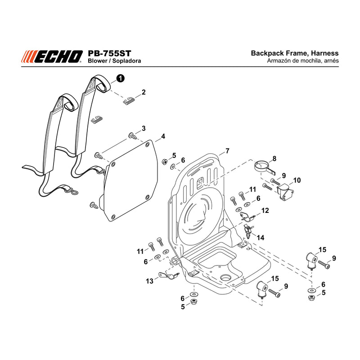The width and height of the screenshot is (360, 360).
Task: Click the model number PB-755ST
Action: click(109, 54)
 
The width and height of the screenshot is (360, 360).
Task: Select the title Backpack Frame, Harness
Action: click(295, 53)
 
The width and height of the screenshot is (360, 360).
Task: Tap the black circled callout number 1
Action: click(120, 78)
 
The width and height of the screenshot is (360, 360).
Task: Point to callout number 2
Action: click(144, 92)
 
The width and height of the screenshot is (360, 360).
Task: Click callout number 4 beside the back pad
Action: click(163, 136)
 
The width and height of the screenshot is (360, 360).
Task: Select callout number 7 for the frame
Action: click(227, 151)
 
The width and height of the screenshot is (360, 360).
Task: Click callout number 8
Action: click(274, 158)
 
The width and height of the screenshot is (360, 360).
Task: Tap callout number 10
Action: click(297, 180)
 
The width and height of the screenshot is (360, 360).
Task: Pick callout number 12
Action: click(265, 210)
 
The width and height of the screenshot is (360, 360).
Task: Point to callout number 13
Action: click(150, 281)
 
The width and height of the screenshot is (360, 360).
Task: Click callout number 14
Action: click(261, 238)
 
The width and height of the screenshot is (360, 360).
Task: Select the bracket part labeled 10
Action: click(285, 192)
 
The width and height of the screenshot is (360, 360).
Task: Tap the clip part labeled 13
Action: click(168, 275)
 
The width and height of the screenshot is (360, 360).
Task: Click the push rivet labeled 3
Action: click(133, 136)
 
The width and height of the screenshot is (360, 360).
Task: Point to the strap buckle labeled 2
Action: click(129, 101)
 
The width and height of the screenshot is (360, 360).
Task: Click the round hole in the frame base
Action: click(226, 278)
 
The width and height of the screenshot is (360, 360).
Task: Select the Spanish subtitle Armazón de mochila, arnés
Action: click(302, 61)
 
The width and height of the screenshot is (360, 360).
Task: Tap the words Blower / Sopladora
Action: click(114, 61)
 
